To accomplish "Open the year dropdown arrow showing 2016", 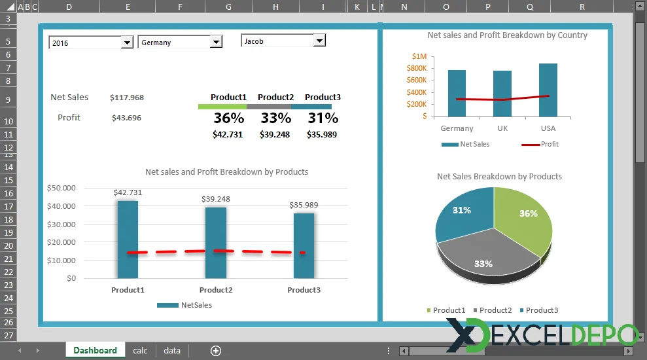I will point(128,43).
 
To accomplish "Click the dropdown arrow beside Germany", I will point(216,43).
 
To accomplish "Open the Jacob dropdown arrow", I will point(319,41).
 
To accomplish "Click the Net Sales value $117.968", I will point(127,98).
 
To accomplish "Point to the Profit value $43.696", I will point(126,118).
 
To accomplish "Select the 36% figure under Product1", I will point(228,118).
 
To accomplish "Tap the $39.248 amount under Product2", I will point(275,134).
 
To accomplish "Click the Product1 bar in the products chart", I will point(128,239).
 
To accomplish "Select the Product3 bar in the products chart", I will point(304,245).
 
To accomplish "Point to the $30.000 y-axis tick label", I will point(61,224).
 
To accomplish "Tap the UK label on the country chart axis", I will point(502,129).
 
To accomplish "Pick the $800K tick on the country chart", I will point(417,68).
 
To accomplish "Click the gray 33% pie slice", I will point(484,259).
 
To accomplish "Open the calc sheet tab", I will point(140,350).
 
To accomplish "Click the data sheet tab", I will point(172,350).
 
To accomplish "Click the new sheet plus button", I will point(216,351).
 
